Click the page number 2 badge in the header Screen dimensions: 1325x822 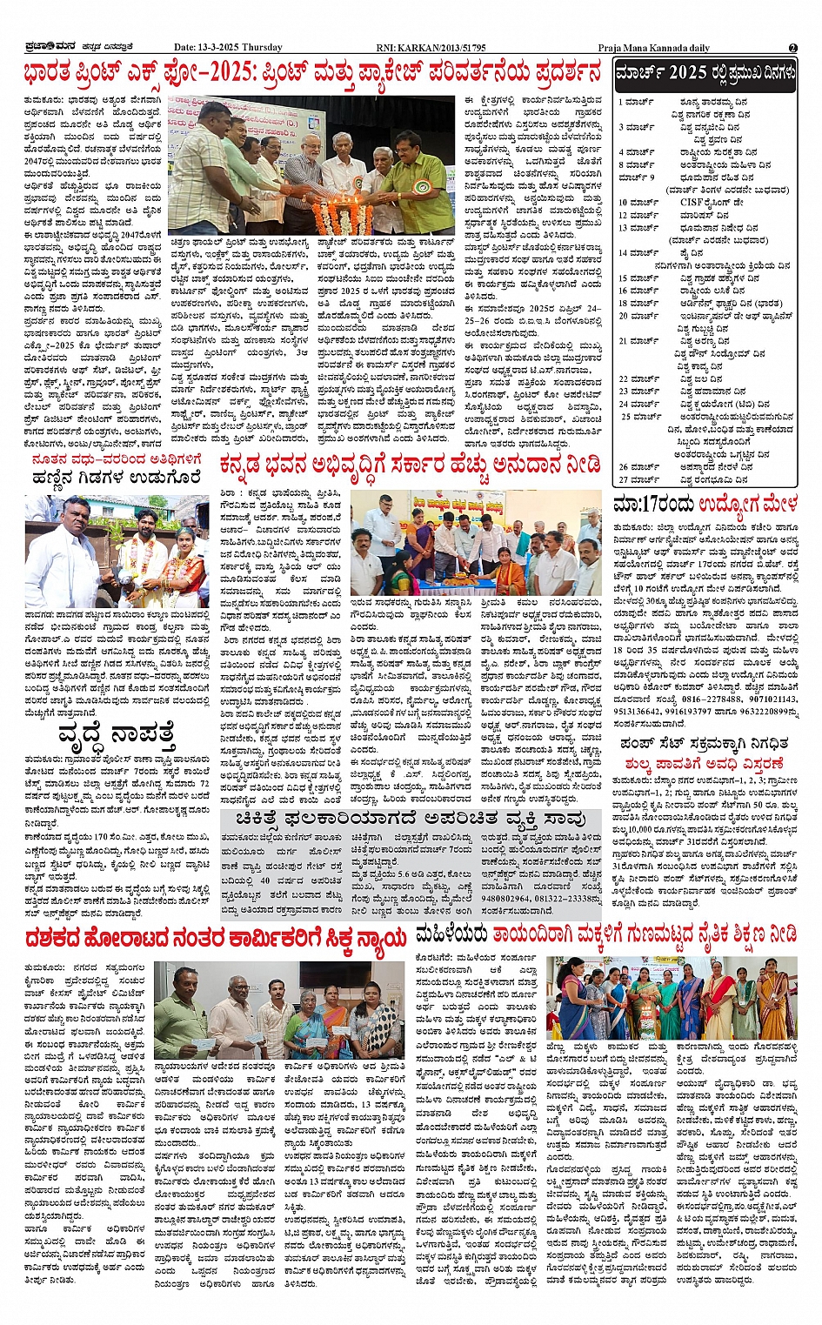click(792, 47)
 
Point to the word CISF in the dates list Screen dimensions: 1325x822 click(692, 202)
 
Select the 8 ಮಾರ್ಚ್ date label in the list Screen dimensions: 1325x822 click(636, 164)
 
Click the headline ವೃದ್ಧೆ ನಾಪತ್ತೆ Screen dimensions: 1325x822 click(116, 733)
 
